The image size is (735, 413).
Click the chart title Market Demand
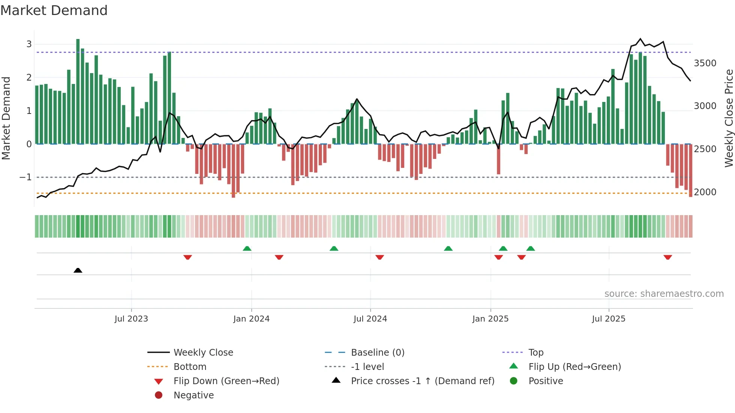pos(54,10)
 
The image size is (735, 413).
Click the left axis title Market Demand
pos(6,118)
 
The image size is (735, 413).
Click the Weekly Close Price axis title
pos(729,118)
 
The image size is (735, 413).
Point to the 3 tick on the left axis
pos(29,44)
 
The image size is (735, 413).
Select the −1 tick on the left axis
pos(25,177)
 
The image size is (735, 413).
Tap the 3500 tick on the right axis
pos(705,63)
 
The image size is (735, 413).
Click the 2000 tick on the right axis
pos(705,192)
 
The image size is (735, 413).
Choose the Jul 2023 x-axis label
pos(131,319)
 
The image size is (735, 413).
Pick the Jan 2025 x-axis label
pos(490,319)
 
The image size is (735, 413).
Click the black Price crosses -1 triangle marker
pos(78,271)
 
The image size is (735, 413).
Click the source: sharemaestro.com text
pos(664,294)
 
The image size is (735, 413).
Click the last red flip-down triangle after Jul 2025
pos(667,257)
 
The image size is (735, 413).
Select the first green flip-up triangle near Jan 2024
pos(247,248)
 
